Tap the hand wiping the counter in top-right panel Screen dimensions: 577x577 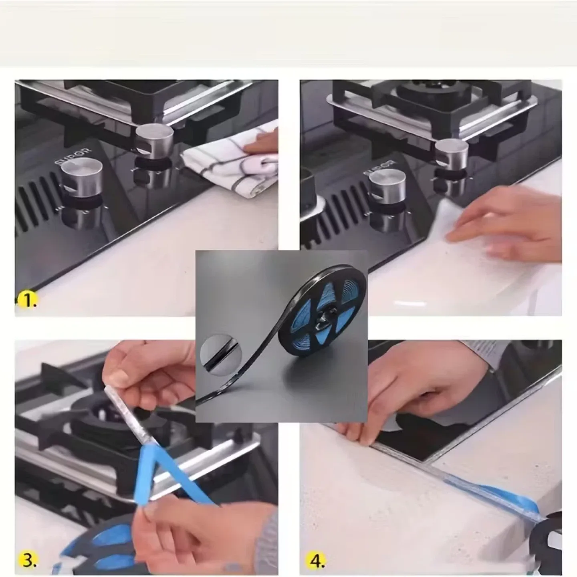pos(509,224)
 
